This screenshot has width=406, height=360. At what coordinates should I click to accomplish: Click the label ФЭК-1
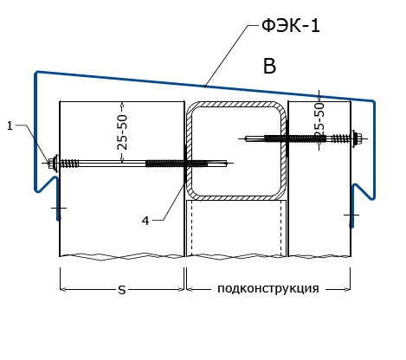(291, 26)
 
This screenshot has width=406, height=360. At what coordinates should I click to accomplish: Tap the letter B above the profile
(269, 66)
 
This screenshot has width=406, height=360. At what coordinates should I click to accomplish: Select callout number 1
(10, 125)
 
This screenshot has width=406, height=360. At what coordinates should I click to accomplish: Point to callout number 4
(145, 221)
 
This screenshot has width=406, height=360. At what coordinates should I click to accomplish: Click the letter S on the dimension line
(122, 290)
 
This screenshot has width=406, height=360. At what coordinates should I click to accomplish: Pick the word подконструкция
(268, 288)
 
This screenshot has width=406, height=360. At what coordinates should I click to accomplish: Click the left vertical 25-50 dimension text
(122, 132)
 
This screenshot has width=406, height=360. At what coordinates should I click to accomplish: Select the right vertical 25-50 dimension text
(319, 119)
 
